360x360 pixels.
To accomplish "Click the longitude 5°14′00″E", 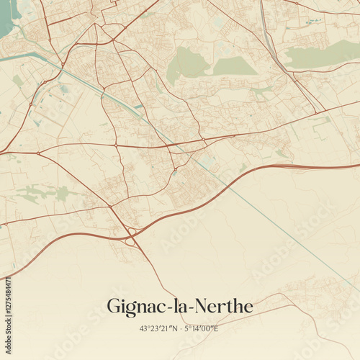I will [201, 328].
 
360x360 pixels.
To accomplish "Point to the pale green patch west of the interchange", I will [43, 193].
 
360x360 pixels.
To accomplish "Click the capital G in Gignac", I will [114, 307].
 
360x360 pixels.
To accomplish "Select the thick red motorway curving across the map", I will [238, 184].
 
